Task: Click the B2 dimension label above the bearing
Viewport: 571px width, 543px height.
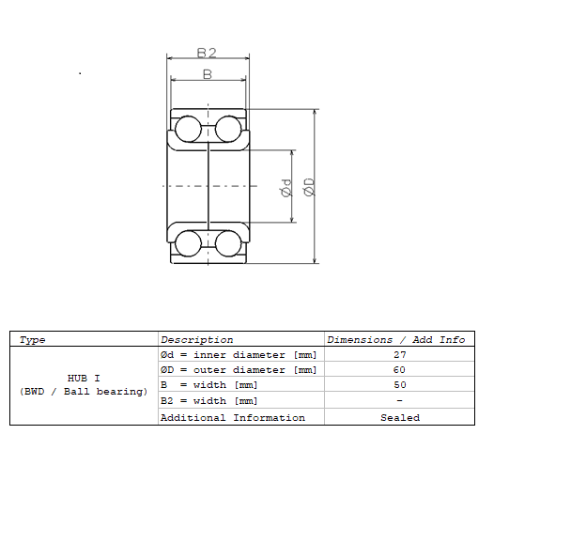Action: coord(207,54)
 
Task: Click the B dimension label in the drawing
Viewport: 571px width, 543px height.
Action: coord(208,73)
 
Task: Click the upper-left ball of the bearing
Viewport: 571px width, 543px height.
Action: coord(189,128)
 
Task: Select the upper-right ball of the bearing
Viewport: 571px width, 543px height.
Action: coord(228,128)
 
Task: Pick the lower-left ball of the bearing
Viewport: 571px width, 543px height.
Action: coord(189,243)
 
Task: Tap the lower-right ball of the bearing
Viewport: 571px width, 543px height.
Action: coord(228,243)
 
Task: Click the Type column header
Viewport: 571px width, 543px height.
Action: coord(32,339)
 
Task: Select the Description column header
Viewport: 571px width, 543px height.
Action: coord(196,339)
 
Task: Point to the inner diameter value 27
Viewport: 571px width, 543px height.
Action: coord(399,355)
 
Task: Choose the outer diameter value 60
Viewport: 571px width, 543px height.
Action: coord(399,370)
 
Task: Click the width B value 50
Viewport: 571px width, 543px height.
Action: coord(399,385)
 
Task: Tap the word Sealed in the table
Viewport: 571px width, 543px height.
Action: coord(399,417)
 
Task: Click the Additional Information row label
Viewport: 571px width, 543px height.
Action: coord(232,417)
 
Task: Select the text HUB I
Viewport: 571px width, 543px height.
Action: coord(84,378)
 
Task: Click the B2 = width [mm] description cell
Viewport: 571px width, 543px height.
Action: coord(208,401)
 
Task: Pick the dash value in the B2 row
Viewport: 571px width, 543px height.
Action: coord(399,401)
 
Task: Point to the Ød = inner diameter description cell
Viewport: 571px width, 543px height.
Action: coord(239,355)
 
